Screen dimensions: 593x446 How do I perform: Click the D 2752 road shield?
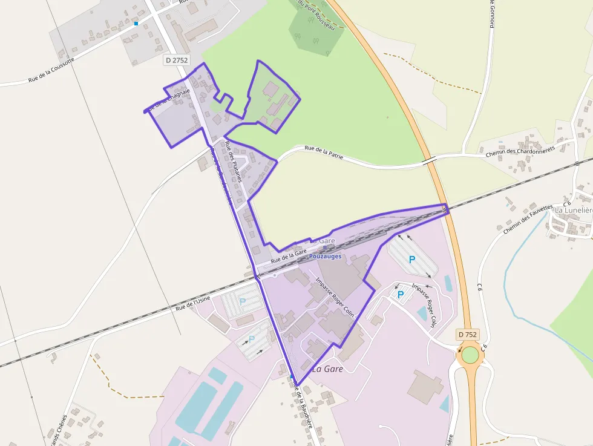click(177, 60)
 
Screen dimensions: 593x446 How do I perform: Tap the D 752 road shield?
click(467, 335)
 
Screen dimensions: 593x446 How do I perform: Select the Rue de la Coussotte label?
click(51, 70)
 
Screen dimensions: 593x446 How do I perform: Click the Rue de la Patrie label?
click(324, 152)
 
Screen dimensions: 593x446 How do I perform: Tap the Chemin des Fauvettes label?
click(528, 218)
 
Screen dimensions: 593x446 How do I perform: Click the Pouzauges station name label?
click(325, 256)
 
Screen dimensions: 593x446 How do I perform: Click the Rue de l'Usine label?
click(196, 302)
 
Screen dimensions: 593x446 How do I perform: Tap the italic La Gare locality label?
click(327, 369)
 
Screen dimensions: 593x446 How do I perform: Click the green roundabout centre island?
click(470, 355)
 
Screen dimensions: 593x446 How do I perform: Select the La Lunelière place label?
click(574, 210)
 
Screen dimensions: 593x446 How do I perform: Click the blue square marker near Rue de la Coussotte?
click(136, 24)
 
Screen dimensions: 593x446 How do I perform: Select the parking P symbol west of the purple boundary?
click(243, 301)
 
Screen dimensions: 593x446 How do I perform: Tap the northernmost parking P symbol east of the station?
click(412, 259)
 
